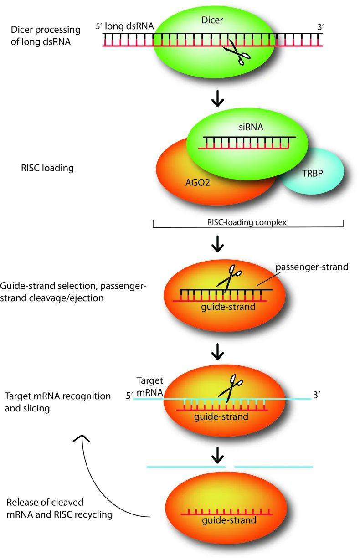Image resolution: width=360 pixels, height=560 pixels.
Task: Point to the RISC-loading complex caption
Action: (x=247, y=223)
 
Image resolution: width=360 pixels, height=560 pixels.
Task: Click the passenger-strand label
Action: (x=311, y=267)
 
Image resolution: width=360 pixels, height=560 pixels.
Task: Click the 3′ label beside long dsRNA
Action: (x=320, y=27)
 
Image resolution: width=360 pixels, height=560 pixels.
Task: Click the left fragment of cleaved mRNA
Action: (x=186, y=467)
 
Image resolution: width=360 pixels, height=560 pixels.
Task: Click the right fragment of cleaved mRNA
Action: (x=273, y=467)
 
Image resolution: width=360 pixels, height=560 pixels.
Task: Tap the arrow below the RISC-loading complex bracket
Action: (x=218, y=246)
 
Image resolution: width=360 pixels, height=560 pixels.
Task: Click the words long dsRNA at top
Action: (x=129, y=27)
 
